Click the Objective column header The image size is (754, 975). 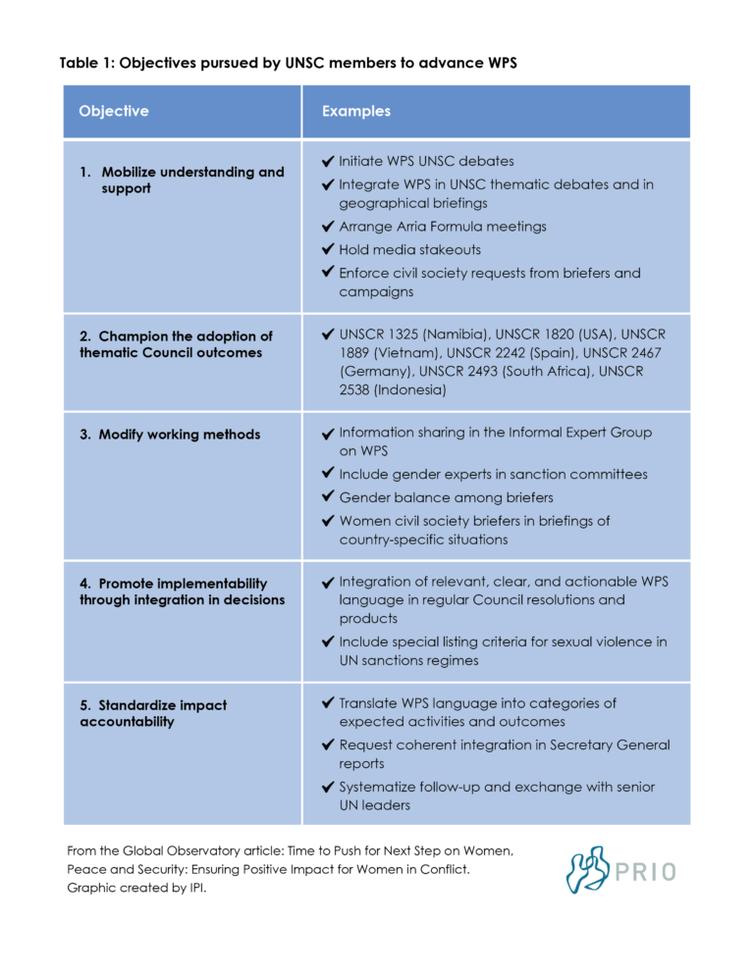pos(114,111)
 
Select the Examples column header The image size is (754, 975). pos(355,111)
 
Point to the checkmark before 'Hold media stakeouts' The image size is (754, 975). pos(328,249)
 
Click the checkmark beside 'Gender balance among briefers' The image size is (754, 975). pos(328,497)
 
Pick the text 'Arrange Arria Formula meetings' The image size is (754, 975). pos(443,227)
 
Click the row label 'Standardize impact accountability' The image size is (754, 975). pos(153,713)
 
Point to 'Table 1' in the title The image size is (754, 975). pos(86,64)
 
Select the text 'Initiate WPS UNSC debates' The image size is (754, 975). pos(426,161)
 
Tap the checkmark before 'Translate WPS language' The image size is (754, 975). pos(328,703)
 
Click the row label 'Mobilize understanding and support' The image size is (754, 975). pos(182,180)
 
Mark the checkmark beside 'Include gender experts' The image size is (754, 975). pos(328,474)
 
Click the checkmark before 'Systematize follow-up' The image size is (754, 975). pos(328,787)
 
